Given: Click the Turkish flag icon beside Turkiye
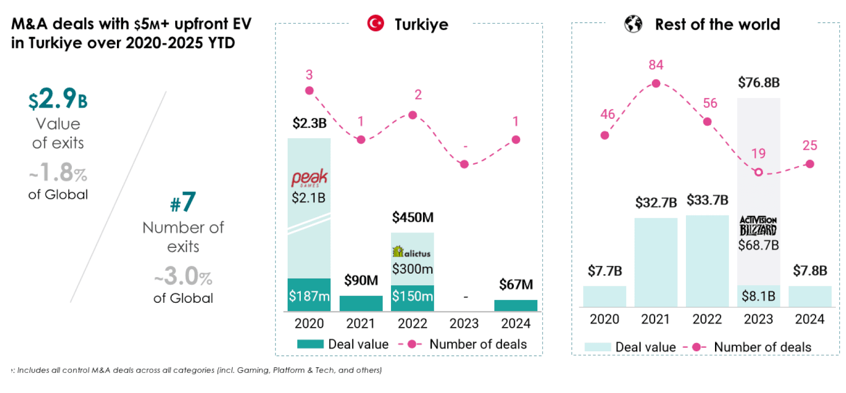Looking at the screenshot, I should coord(375,23).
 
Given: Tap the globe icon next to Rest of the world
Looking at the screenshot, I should coord(633,24).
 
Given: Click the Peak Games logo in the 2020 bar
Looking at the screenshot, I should coord(309,178).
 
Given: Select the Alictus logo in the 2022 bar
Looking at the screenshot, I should coord(412,252).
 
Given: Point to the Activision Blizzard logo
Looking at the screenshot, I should coord(758,226).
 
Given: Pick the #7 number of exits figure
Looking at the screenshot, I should coord(183,202).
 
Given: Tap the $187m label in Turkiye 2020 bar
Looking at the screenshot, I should coord(309,296).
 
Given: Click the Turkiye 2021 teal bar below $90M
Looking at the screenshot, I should coord(361,303).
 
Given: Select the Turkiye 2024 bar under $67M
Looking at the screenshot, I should coord(516,305).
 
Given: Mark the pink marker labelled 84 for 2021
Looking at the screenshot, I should coord(656,83).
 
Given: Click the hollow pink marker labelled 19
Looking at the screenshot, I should coord(759,172).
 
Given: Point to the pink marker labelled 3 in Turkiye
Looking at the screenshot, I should coord(309,91).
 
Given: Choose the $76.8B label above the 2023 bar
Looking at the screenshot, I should coord(759,82).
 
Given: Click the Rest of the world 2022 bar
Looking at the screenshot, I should coord(707,261).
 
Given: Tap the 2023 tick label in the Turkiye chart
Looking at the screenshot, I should coord(464,324).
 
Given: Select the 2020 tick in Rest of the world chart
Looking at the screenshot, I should coord(604,319).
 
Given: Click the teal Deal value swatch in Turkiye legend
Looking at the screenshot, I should coord(310,344).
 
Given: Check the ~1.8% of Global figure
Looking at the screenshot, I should coord(58,172).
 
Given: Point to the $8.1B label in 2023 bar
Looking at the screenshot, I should coord(759,296).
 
